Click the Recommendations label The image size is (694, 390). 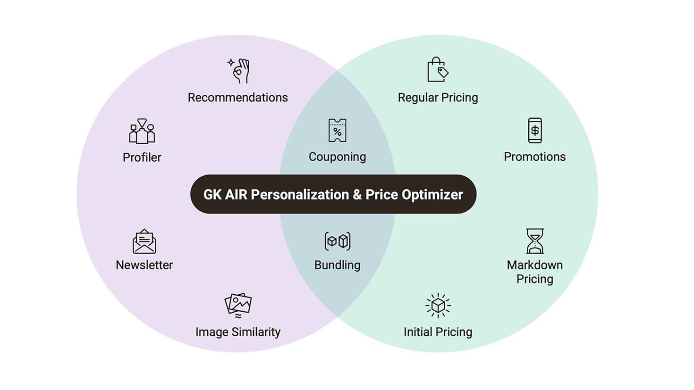tap(237, 98)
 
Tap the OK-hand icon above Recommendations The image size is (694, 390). tap(238, 71)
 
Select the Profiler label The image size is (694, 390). tap(142, 158)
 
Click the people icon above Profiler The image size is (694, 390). tap(142, 131)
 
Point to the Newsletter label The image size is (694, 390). tap(144, 265)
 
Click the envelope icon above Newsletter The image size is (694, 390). tap(144, 241)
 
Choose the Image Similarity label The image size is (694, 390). tap(237, 332)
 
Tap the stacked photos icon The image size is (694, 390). tap(238, 306)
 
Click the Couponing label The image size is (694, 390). tap(337, 157)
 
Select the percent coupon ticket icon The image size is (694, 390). tap(338, 130)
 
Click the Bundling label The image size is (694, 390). tap(337, 265)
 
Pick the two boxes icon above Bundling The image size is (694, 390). tap(338, 241)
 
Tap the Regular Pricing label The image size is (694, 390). tap(438, 98)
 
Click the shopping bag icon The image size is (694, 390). tap(438, 69)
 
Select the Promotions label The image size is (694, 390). tap(534, 157)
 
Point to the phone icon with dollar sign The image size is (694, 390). tap(535, 130)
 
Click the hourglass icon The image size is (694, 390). tap(535, 241)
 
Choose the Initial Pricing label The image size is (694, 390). tap(438, 332)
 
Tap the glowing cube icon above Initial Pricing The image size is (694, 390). tap(438, 306)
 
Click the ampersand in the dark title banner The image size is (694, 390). tap(357, 195)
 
